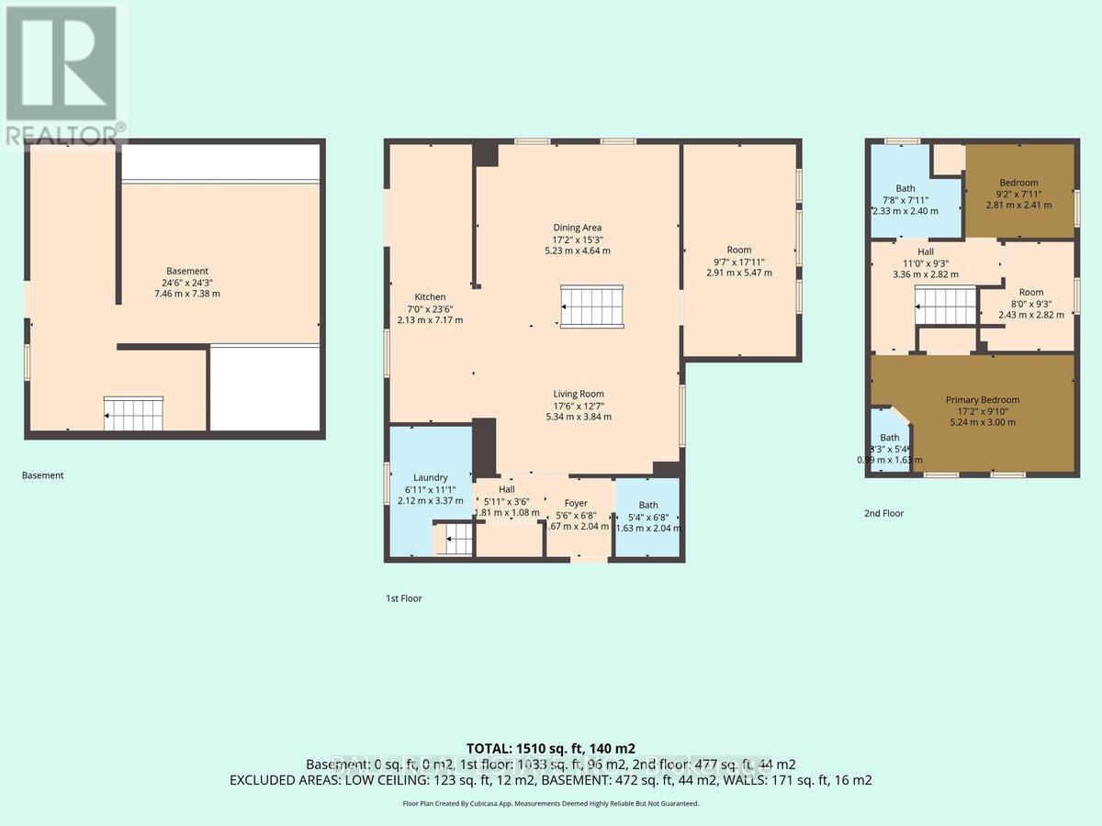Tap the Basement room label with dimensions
[x=186, y=282]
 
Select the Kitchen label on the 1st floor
[x=430, y=308]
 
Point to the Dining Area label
[x=577, y=239]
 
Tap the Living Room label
[x=578, y=405]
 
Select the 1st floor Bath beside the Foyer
[x=648, y=516]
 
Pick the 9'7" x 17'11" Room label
[x=738, y=262]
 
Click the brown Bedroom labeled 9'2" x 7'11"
[x=1018, y=194]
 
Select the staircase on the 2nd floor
[x=945, y=304]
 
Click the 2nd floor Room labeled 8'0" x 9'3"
[x=1030, y=303]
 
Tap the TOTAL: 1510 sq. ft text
[x=551, y=748]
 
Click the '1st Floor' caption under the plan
[x=404, y=598]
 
